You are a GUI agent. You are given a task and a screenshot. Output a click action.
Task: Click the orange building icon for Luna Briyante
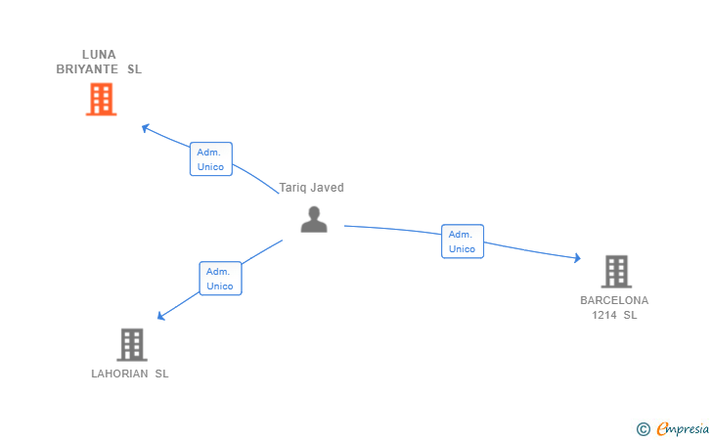click(102, 99)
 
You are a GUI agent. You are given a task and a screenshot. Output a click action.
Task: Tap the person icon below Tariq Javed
click(314, 219)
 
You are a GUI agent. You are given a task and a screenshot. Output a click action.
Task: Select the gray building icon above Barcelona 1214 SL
click(616, 272)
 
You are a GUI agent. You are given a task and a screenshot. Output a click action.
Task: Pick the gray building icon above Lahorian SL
click(132, 344)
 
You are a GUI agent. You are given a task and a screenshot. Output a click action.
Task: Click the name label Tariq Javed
click(311, 188)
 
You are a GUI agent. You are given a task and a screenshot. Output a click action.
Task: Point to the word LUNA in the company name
click(99, 55)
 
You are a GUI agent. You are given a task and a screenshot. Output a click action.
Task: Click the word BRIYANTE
click(87, 69)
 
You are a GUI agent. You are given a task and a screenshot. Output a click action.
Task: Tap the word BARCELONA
click(614, 300)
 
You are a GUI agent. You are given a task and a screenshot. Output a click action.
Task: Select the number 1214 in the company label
click(604, 315)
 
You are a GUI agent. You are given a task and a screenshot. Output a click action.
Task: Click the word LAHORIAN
click(119, 374)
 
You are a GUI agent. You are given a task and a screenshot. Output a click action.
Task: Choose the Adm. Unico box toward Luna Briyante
click(211, 159)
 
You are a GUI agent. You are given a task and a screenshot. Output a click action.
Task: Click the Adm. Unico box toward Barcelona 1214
click(463, 242)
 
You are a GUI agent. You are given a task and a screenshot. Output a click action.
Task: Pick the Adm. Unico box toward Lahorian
click(220, 279)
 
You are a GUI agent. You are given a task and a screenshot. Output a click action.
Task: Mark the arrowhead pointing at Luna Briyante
click(146, 128)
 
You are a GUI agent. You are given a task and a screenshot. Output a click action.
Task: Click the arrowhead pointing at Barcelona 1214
click(577, 258)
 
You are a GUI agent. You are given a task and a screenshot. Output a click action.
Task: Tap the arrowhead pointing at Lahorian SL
click(160, 316)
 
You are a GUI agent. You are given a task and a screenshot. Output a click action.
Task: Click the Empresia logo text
click(683, 428)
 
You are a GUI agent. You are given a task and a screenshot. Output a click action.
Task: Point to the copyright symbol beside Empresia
click(643, 429)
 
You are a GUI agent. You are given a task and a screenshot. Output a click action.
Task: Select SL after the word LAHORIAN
click(161, 374)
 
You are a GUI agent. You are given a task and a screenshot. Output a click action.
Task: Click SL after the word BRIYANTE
click(134, 69)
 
